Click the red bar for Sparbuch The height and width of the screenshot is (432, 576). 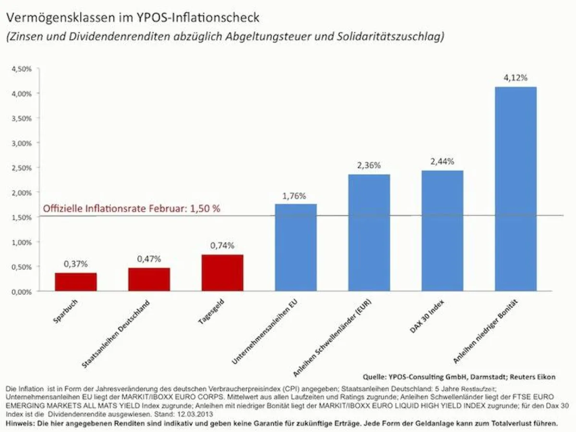pos(76,282)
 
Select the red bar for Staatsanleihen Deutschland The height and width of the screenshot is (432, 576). pos(149,279)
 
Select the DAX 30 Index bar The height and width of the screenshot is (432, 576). pos(442,231)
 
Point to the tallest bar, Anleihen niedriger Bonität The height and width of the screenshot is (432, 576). pos(516,189)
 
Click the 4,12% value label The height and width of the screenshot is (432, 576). pos(516,78)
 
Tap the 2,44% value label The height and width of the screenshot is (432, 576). pos(443,162)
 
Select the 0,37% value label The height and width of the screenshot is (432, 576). pos(76,264)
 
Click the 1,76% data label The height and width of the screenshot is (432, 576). pos(296,195)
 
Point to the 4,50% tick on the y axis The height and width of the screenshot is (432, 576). pos(22,69)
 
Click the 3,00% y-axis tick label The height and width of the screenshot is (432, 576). pos(22,143)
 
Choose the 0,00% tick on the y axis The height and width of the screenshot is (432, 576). pos(22,291)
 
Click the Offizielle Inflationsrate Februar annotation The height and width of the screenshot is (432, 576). pos(132,209)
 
